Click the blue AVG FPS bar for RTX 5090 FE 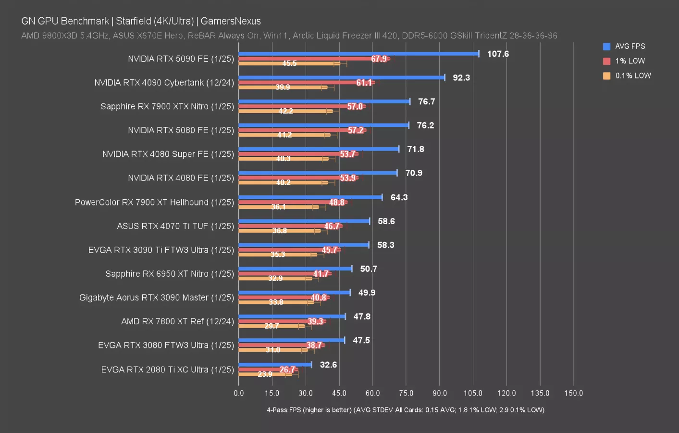[x=358, y=53]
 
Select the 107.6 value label [x=498, y=54]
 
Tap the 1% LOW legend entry [x=630, y=61]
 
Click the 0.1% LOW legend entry [x=632, y=76]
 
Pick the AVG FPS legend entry [x=630, y=46]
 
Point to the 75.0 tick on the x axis [x=406, y=393]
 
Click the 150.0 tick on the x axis [x=573, y=393]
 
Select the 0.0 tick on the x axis [x=239, y=393]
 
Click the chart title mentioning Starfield [x=141, y=21]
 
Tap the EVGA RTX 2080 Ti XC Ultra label [x=167, y=369]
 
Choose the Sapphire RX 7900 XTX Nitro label [x=167, y=106]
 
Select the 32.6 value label [x=328, y=365]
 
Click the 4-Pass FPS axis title [x=406, y=410]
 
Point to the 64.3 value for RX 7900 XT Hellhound [x=399, y=197]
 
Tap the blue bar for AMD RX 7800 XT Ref [x=292, y=316]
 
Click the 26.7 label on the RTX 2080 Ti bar [x=287, y=369]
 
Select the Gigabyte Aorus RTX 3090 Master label [x=157, y=298]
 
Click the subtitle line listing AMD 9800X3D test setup [x=289, y=36]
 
